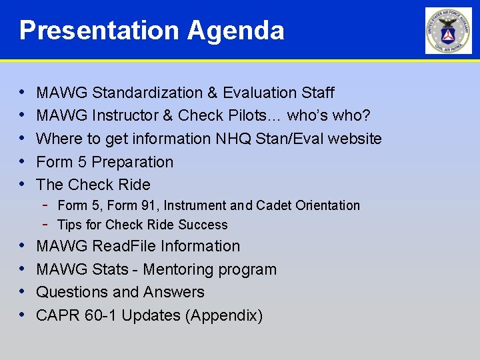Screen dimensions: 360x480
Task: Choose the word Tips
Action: click(x=69, y=225)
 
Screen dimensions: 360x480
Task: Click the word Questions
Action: click(x=73, y=292)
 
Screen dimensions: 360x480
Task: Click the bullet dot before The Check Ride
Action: click(x=23, y=185)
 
